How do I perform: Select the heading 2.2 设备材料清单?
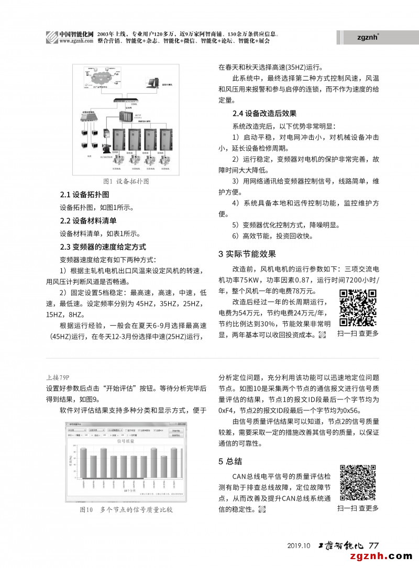pyautogui.click(x=89, y=220)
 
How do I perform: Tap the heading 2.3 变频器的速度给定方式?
pyautogui.click(x=103, y=247)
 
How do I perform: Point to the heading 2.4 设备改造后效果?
pyautogui.click(x=264, y=113)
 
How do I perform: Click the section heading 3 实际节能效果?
pyautogui.click(x=247, y=254)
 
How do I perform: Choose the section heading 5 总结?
pyautogui.click(x=230, y=461)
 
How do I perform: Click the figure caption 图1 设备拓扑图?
pyautogui.click(x=126, y=181)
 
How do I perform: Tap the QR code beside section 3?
pyautogui.click(x=358, y=308)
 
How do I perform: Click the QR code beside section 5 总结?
pyautogui.click(x=358, y=482)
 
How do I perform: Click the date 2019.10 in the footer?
pyautogui.click(x=299, y=545)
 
